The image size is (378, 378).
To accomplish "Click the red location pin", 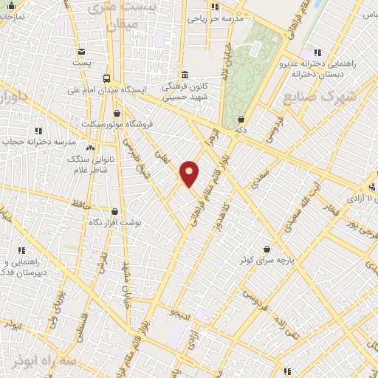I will coord(190,173).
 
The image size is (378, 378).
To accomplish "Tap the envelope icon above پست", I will coord(81,51).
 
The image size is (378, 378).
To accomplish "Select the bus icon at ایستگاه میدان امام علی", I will coord(107,78).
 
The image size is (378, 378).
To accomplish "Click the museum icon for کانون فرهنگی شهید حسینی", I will coord(184,75).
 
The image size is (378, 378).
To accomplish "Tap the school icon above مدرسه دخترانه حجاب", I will coord(35,130).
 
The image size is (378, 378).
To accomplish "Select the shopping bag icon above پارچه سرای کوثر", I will coord(276,249).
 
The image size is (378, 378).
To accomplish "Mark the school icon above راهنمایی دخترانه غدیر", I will coord(317,52).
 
